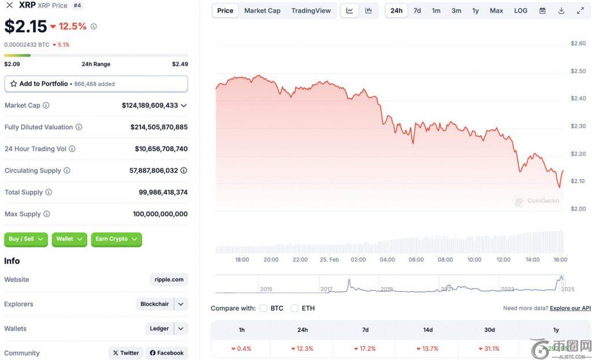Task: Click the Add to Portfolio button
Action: tap(96, 84)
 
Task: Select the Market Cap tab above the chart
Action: tap(262, 10)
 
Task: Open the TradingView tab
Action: tap(311, 10)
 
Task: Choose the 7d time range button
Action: tap(417, 10)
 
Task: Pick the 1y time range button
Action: tap(475, 10)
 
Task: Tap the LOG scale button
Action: tap(520, 10)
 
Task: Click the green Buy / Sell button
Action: tap(26, 239)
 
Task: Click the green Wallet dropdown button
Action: tap(69, 239)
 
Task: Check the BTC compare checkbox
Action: tap(264, 309)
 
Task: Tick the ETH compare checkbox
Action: tap(295, 309)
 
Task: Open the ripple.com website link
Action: tap(169, 280)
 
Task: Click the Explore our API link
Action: tap(570, 309)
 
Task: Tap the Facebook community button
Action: tap(166, 353)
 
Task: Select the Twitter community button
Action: tap(125, 353)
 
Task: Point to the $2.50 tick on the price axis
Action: tap(578, 71)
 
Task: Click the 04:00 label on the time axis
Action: tap(387, 260)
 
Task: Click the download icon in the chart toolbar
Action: tap(561, 10)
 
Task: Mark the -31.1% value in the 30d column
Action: tap(489, 349)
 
